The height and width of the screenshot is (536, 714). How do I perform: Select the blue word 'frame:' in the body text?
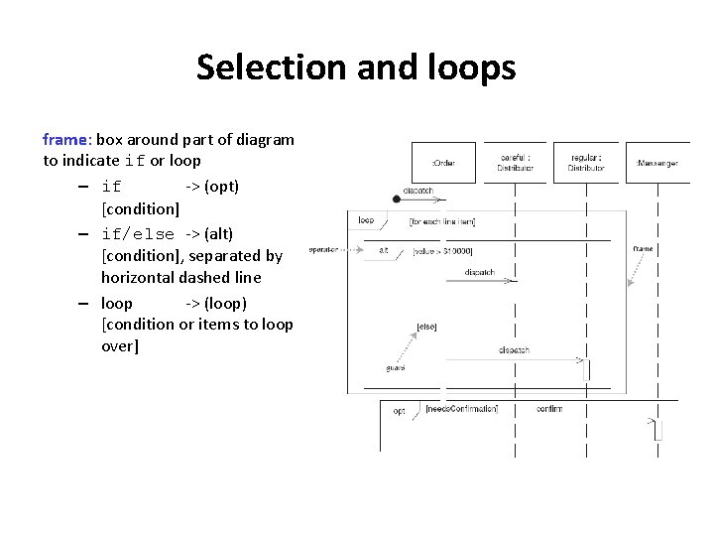point(67,140)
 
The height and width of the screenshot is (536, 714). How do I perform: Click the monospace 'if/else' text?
point(138,234)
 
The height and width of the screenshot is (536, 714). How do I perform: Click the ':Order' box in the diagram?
point(442,163)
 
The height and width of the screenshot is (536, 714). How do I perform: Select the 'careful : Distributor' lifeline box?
point(516,163)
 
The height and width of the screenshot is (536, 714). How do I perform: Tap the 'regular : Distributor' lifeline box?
point(586,163)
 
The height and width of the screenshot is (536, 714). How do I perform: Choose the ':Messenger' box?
point(656,163)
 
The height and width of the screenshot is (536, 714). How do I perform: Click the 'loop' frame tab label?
point(366,220)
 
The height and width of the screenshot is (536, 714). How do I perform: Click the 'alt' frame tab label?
point(384,250)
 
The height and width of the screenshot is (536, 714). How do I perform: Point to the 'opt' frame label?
point(399,410)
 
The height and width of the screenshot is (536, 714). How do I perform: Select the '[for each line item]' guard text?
point(441,221)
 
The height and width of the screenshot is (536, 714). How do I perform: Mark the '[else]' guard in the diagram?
point(427,326)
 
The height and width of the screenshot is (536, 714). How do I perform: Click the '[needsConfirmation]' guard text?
point(461,409)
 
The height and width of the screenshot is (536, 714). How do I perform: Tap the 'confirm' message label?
point(549,409)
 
